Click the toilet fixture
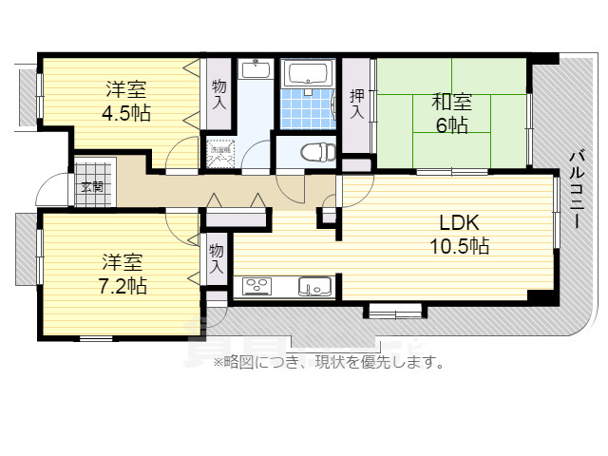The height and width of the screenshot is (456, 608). click(313, 152)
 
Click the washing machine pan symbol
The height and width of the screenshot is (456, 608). click(220, 154)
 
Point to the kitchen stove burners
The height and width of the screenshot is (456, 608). click(258, 285)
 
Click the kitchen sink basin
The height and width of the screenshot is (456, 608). click(313, 285)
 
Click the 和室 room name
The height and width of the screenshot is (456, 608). click(451, 100)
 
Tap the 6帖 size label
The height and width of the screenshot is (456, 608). click(451, 124)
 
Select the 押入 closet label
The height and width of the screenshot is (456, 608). click(357, 104)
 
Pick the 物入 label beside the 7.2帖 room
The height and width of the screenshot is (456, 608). click(217, 258)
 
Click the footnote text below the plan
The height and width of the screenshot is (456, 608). click(329, 362)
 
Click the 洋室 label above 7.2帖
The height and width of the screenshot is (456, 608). click(123, 259)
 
